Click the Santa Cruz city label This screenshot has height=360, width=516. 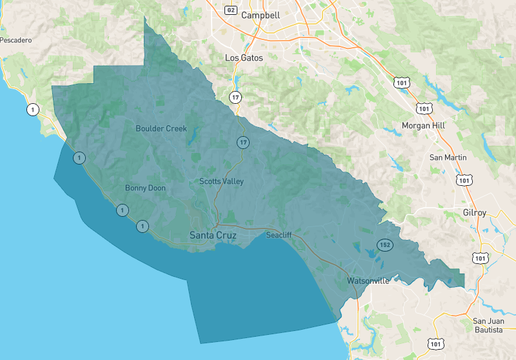point(213,235)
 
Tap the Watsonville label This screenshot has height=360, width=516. point(368,281)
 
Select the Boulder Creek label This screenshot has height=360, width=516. point(161,128)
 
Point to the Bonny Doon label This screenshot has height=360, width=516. point(145,188)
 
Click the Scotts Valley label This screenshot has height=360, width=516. point(221,181)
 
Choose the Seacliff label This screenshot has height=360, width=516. point(280,235)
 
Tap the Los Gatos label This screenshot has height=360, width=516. point(244,57)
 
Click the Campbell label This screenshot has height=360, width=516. point(261,15)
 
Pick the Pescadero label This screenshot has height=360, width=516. point(16,40)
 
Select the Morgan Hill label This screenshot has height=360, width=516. point(424,125)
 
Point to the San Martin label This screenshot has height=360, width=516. point(448,157)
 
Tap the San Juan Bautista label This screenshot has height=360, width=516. point(488,325)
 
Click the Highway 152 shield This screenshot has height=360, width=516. point(384,245)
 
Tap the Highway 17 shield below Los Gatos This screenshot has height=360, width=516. point(235,97)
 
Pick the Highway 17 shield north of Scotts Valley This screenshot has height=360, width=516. point(243,142)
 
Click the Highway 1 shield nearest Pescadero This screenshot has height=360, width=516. point(32,110)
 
